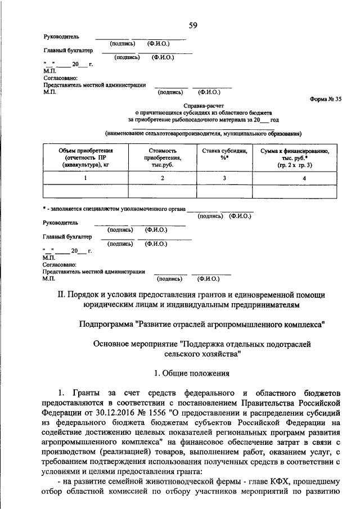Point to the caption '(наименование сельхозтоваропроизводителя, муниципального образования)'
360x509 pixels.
point(203,134)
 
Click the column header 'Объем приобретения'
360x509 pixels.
point(86,151)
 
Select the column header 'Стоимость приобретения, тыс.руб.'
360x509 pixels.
point(163,158)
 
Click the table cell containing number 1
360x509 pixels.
point(85,178)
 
